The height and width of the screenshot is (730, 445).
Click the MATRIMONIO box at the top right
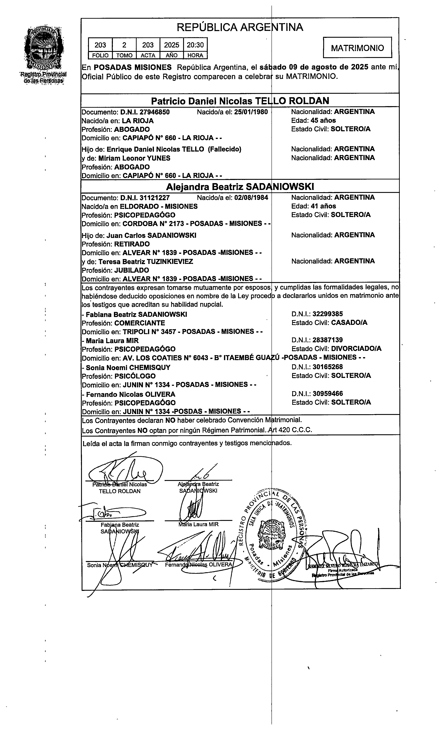(x=357, y=48)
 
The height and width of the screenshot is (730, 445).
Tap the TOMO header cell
(x=124, y=55)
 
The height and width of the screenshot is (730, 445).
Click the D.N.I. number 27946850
(x=145, y=112)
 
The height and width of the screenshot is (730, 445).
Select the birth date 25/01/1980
(x=251, y=112)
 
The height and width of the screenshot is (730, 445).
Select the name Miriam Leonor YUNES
(x=134, y=158)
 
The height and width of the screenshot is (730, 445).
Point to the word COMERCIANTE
(x=140, y=323)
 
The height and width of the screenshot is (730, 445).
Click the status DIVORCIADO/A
(x=356, y=349)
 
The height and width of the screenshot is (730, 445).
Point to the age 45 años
(x=323, y=121)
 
